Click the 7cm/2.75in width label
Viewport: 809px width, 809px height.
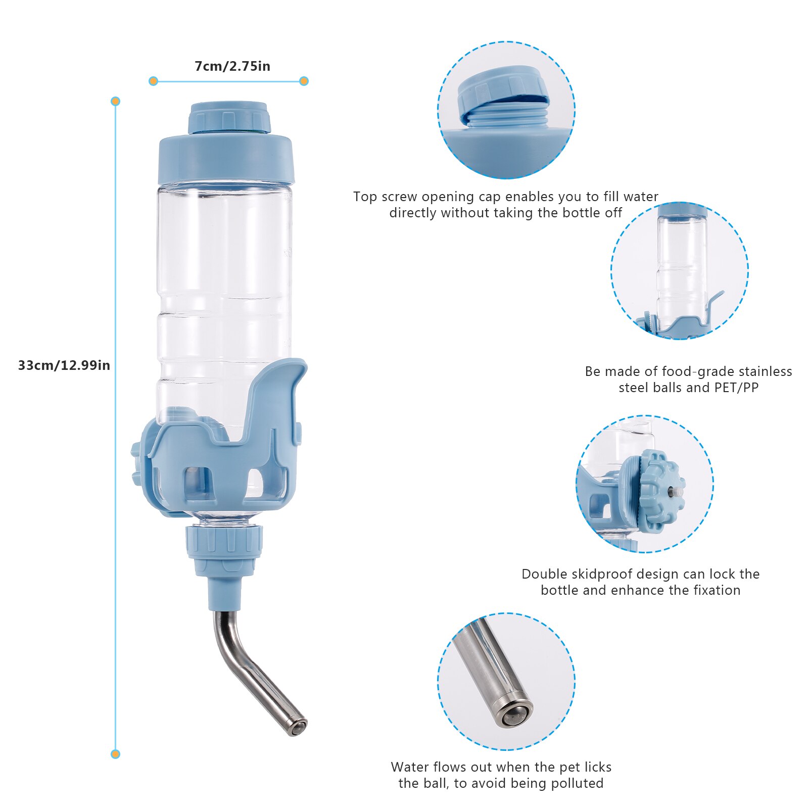pyautogui.click(x=232, y=66)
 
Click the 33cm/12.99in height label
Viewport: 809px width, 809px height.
pyautogui.click(x=64, y=365)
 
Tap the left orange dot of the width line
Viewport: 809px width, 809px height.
pyautogui.click(x=154, y=81)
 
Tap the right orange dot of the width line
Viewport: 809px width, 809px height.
pyautogui.click(x=304, y=81)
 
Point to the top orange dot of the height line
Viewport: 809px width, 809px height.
pyautogui.click(x=116, y=102)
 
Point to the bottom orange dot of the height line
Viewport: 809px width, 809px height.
pyautogui.click(x=116, y=754)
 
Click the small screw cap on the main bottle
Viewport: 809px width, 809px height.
pyautogui.click(x=229, y=118)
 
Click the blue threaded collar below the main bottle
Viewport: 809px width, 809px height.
pyautogui.click(x=225, y=542)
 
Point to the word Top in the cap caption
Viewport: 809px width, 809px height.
pyautogui.click(x=365, y=197)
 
